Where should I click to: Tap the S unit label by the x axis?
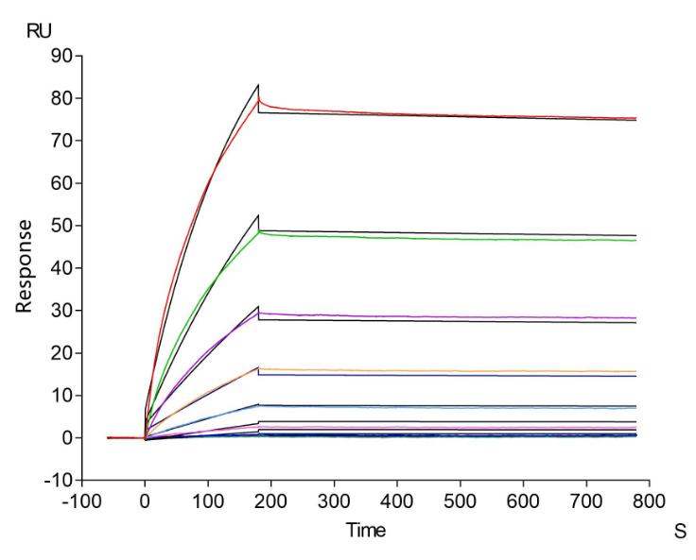tap(679, 533)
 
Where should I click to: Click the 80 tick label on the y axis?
tap(62, 98)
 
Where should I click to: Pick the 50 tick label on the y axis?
tap(62, 226)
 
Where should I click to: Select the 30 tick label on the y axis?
tap(62, 311)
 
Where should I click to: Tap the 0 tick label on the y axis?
tap(67, 438)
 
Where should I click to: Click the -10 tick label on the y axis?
tap(59, 481)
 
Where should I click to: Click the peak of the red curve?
tap(259, 98)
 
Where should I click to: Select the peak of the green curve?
tap(260, 231)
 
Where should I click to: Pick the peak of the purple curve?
tap(260, 313)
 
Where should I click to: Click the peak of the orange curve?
tap(260, 368)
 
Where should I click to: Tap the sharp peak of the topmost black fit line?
tap(258, 85)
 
